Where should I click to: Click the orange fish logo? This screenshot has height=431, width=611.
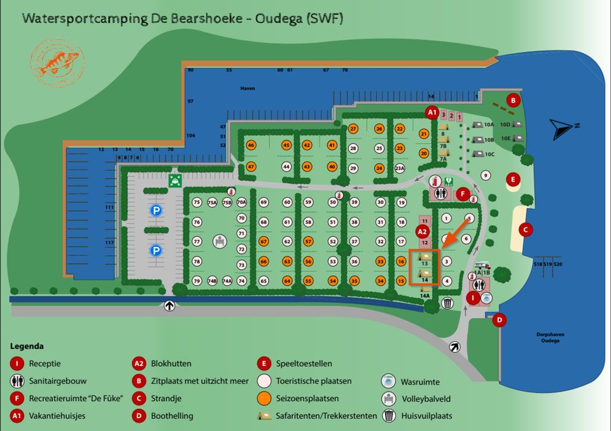58,62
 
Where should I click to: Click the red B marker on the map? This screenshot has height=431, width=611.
513,100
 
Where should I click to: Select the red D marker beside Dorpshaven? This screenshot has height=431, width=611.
500,320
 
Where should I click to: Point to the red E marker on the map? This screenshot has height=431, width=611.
513,180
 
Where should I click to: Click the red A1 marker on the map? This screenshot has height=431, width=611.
433,113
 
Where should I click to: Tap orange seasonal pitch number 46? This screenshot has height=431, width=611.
251,145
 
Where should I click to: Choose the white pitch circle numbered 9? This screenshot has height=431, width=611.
486,176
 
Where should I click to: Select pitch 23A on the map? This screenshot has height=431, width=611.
400,169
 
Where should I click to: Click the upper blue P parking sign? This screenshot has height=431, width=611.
155,210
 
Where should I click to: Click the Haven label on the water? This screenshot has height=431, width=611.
247,88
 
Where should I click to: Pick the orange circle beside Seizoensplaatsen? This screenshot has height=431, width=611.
265,399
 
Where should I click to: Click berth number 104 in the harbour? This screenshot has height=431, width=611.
190,136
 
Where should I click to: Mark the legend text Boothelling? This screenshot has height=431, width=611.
172,416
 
